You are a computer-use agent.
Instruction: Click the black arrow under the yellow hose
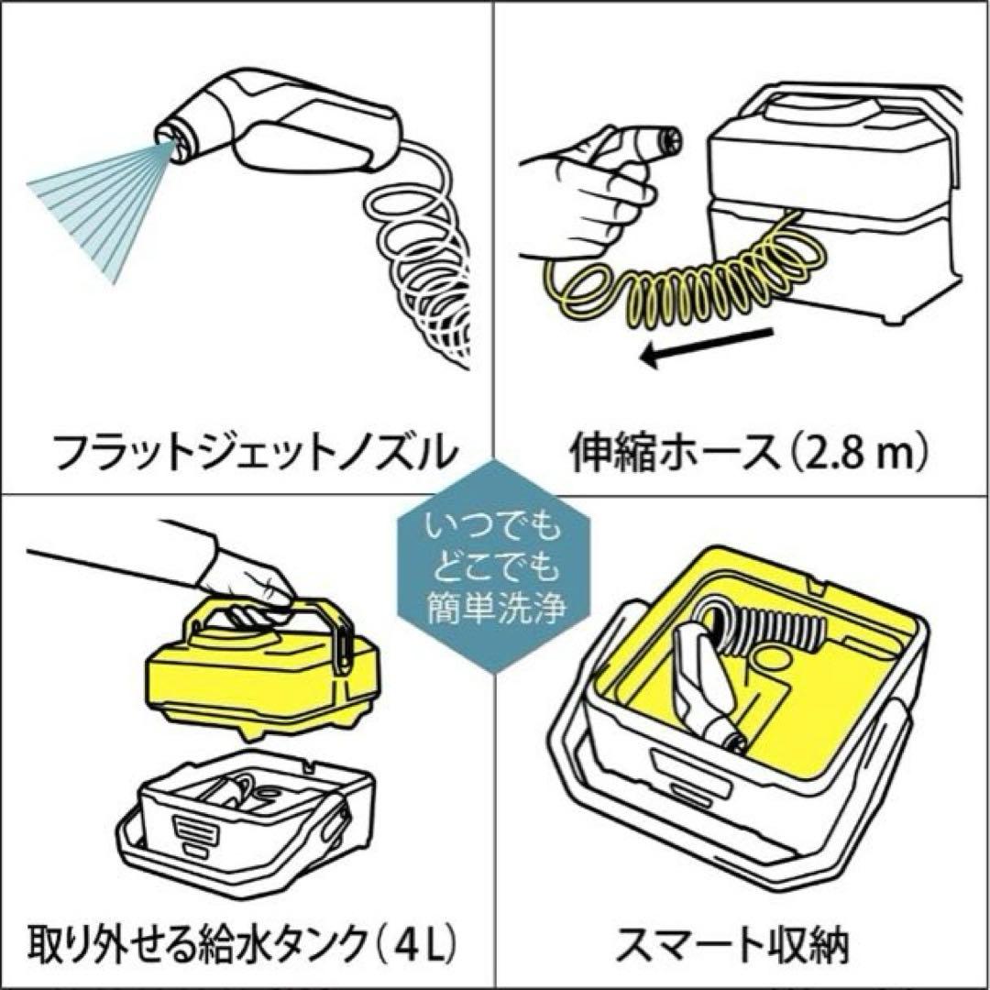[706, 347]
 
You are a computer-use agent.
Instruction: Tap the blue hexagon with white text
[494, 569]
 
